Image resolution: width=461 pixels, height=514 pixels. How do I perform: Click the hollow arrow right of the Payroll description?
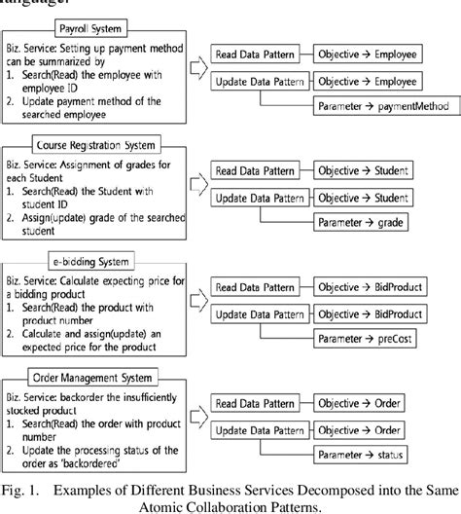pyautogui.click(x=194, y=68)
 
